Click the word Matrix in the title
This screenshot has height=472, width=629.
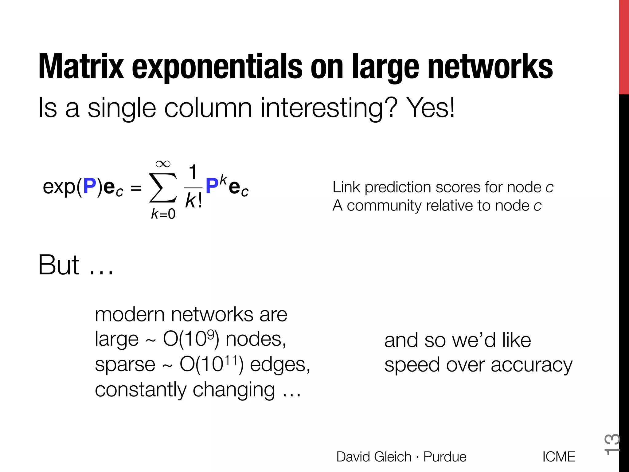click(81, 67)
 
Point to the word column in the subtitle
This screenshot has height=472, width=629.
click(208, 108)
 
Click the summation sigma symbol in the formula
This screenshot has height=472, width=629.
click(163, 187)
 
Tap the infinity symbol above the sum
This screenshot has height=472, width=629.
click(163, 164)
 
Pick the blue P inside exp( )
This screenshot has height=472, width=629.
click(90, 186)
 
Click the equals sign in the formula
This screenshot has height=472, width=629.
click(136, 188)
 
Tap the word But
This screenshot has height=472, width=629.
click(59, 265)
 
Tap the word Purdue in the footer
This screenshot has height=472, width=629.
click(445, 457)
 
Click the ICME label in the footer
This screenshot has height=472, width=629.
click(559, 457)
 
